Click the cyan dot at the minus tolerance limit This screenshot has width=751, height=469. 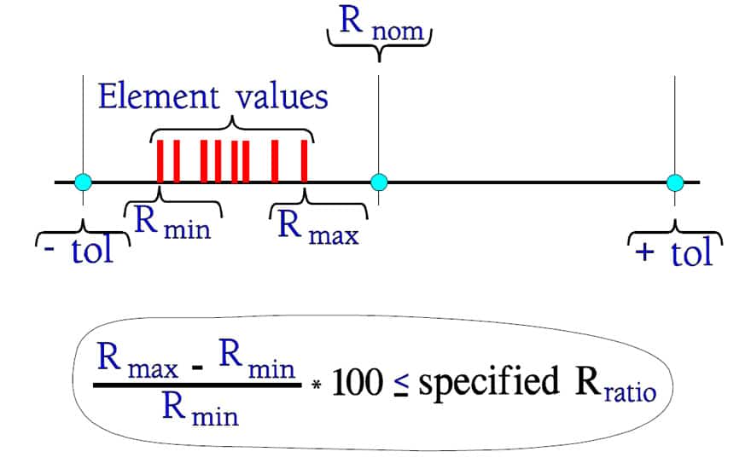click(84, 182)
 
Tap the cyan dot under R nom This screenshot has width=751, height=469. click(379, 182)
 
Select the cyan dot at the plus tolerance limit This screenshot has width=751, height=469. click(675, 182)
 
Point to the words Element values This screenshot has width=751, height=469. click(213, 96)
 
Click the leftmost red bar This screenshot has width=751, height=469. click(160, 161)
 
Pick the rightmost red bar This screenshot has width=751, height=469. click(304, 161)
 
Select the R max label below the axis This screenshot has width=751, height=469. click(318, 229)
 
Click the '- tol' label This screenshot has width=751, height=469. click(79, 250)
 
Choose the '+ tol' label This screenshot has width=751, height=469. click(674, 252)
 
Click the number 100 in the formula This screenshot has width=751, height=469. click(358, 383)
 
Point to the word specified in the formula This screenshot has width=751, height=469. click(488, 384)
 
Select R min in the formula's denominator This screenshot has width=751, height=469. click(201, 408)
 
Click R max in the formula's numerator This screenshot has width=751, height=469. click(137, 360)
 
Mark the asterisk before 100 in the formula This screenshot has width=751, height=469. click(317, 385)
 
